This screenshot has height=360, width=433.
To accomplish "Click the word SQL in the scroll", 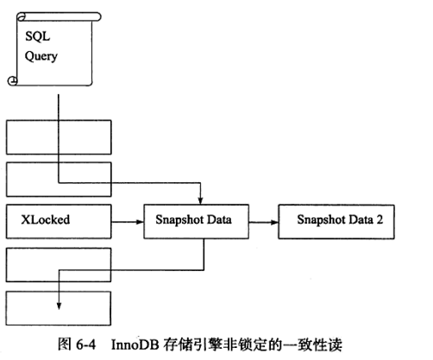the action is [x=38, y=36].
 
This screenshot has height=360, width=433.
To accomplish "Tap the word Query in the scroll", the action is [x=41, y=56].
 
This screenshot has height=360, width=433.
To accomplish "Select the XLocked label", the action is [x=46, y=219].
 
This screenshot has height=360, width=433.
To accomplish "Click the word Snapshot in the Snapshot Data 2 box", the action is [x=320, y=219].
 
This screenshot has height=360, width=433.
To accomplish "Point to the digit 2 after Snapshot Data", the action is [x=380, y=219].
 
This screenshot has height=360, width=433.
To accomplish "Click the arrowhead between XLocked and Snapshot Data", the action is [x=140, y=222].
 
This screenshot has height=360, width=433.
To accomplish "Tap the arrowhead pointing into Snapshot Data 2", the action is [x=274, y=222].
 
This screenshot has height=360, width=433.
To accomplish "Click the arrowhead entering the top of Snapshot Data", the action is [x=200, y=200].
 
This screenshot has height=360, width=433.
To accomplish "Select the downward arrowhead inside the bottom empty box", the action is [x=59, y=306].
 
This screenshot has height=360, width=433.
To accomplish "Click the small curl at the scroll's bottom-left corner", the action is [x=12, y=81].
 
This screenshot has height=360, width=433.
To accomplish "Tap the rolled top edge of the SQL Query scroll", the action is [x=59, y=16].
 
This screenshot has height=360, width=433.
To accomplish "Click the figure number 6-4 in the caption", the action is [x=86, y=344].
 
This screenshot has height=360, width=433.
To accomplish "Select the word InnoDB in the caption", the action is [x=135, y=344].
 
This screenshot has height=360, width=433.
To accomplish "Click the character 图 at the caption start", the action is [x=65, y=344].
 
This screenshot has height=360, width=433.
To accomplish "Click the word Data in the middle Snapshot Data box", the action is [x=219, y=219].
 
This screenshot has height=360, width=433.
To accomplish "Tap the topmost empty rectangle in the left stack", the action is [x=59, y=137].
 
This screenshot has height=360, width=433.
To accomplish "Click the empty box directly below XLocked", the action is [x=59, y=265].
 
